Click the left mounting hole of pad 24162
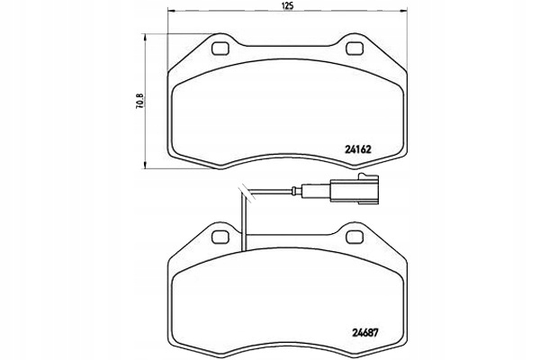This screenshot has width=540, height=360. [x=219, y=48]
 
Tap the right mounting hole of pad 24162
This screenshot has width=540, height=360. [x=353, y=48]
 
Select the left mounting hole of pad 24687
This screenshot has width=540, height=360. [x=219, y=236]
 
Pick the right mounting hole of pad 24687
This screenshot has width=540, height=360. [x=353, y=236]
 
